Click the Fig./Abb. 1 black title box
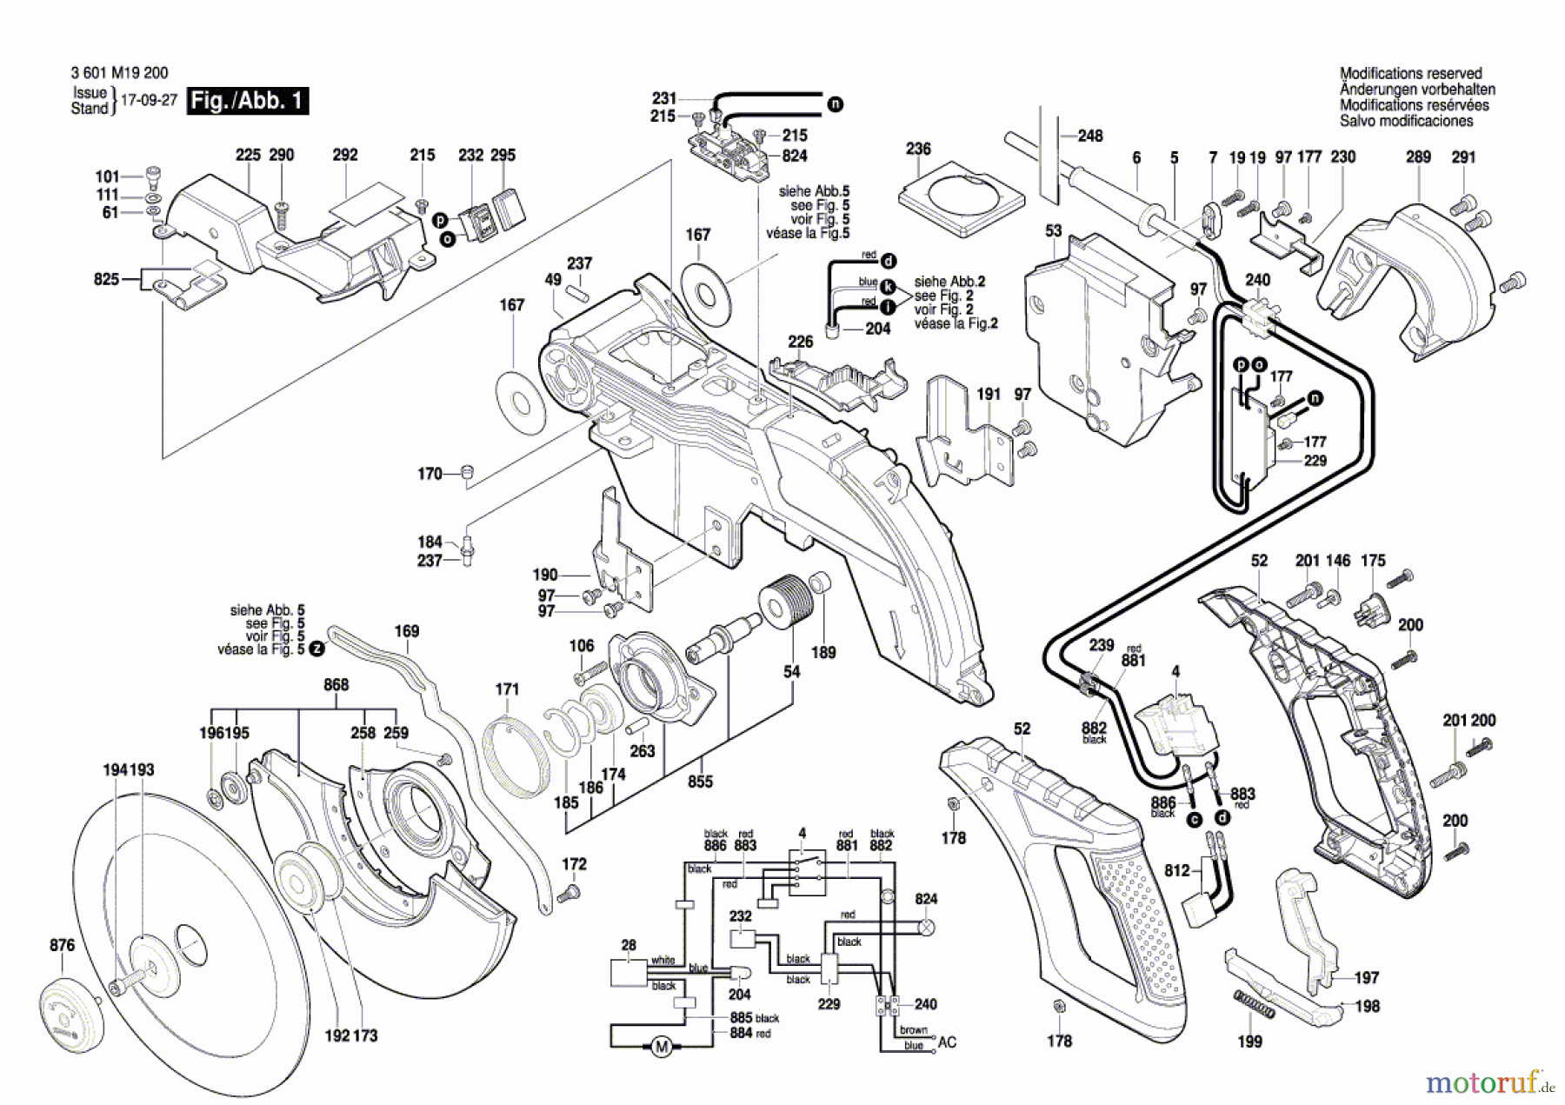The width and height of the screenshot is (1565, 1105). [x=248, y=101]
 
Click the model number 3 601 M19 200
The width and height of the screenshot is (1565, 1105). [x=119, y=74]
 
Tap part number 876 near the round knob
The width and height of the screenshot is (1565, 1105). [x=62, y=945]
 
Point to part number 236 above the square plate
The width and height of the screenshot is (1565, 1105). [x=918, y=149]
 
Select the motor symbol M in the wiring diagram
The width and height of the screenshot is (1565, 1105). [x=662, y=1047]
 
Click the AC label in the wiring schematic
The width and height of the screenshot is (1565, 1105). [x=947, y=1042]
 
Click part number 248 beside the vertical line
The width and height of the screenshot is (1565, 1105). [x=1089, y=136]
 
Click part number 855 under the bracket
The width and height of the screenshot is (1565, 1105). [x=700, y=782]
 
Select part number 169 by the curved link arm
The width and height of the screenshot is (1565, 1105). [x=406, y=631]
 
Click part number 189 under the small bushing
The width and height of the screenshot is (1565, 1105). [x=822, y=652]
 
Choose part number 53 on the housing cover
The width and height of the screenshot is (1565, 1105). [x=1053, y=231]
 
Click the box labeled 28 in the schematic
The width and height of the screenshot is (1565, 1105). [x=628, y=973]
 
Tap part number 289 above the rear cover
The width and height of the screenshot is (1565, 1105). [x=1418, y=157]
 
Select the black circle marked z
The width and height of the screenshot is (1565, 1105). [x=317, y=649]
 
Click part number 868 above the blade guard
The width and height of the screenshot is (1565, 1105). [x=336, y=685]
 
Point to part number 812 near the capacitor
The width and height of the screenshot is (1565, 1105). [x=1176, y=870]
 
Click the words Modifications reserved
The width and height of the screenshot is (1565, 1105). [x=1410, y=74]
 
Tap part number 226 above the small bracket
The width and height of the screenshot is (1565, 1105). [x=800, y=342]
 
